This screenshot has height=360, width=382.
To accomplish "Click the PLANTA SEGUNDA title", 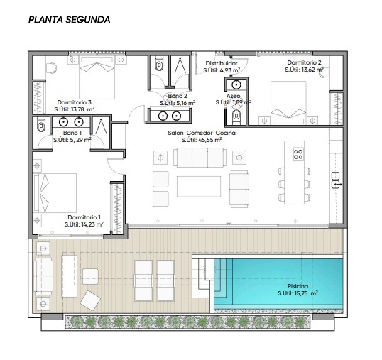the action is click(69, 19).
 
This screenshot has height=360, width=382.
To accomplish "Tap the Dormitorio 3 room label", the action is click(74, 102).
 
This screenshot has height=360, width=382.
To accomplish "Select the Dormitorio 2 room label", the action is click(304, 62).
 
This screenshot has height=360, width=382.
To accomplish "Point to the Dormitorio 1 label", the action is click(84, 217).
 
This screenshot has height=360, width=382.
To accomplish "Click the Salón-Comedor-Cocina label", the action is click(202, 133).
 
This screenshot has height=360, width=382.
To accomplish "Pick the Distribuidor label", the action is click(222, 63).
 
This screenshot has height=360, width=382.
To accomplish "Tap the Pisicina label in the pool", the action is click(298, 286).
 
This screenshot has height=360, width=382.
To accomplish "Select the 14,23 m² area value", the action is click(92, 224).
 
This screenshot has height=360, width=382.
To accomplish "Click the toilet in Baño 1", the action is click(41, 124).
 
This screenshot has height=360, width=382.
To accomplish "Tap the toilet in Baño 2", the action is click(159, 63).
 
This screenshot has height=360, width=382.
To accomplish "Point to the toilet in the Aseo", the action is click(236, 117).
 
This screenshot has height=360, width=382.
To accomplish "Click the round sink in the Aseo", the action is click(236, 84).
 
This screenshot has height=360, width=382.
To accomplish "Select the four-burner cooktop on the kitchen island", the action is click(298, 154).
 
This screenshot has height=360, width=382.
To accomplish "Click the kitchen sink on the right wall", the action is click(336, 180).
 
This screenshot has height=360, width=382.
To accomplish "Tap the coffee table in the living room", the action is click(199, 187).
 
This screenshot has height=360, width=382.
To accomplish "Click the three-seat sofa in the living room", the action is click(200, 158).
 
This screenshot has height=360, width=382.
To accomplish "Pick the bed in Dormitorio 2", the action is click(288, 102).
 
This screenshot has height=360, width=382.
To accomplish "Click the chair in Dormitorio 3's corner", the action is click(51, 67).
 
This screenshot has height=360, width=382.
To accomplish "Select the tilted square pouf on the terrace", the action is click(90, 300).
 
